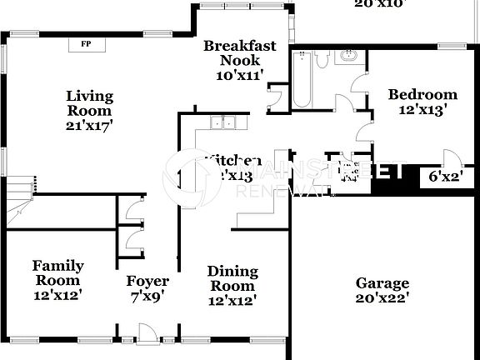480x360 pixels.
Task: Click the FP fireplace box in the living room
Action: click(86, 44)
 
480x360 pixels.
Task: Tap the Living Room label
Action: click(90, 103)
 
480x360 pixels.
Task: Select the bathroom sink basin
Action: click(347, 56)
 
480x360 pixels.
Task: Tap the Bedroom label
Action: click(422, 94)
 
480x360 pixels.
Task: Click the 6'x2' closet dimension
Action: click(445, 176)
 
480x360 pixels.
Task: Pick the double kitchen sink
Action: click(222, 124)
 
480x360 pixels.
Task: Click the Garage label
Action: click(382, 283)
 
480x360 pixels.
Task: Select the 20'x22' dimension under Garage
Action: click(382, 297)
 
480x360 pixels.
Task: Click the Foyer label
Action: click(147, 281)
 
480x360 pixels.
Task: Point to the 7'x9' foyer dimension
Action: click(147, 296)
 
